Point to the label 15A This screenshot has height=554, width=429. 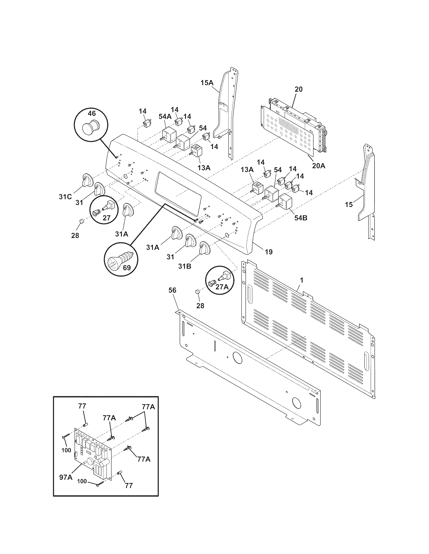pos(207,83)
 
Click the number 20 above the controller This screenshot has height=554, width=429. pos(299,89)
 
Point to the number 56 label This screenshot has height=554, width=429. pos(172,290)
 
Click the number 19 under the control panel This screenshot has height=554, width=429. pos(269,252)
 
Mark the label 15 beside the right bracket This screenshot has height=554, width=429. pos(349,204)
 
